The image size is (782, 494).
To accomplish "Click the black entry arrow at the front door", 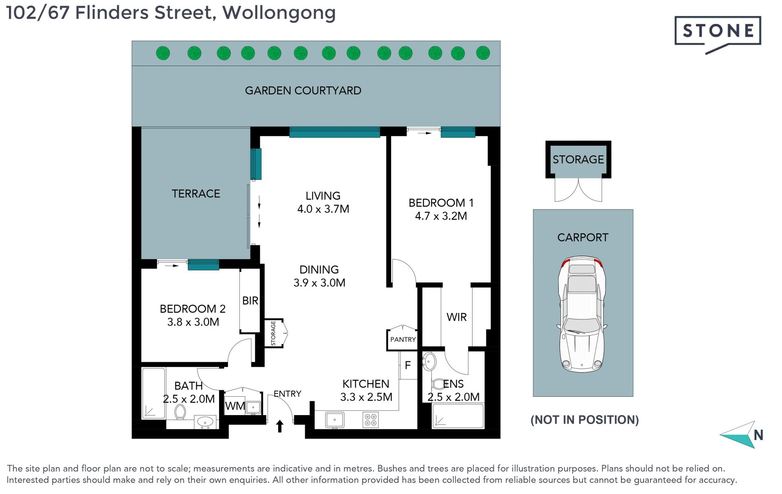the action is point(280,426).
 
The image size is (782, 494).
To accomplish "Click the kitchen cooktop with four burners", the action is point(371,420).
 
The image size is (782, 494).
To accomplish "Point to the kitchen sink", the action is point(335,420).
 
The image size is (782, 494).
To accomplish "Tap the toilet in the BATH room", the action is point(180,412).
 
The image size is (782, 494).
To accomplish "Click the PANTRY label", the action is point(403,339).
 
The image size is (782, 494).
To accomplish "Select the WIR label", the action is point(457,317).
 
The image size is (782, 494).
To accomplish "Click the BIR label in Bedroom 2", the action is point(250,300).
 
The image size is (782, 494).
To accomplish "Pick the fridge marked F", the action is point(408,365).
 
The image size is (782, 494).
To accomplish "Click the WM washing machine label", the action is point(235,406).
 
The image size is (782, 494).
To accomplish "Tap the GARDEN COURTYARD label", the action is point(303,90).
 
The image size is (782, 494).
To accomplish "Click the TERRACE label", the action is point(196,193).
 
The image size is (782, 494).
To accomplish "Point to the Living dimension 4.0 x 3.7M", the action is point(323,209).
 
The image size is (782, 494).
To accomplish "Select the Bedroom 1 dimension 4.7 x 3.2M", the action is point(441,216).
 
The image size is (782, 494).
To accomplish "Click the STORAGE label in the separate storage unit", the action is point(578,159).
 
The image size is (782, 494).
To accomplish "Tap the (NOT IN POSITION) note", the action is point(584,420).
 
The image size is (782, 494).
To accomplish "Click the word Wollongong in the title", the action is point(279,13).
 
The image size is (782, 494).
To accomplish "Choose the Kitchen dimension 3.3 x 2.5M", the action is point(366,397).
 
